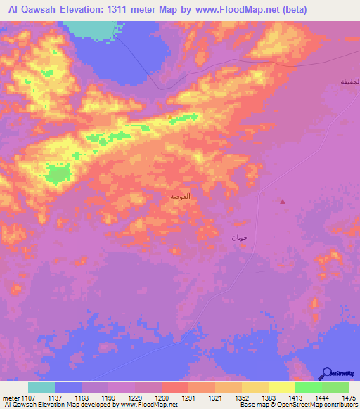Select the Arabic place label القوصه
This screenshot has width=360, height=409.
[180, 196]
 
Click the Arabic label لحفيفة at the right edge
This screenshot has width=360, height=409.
[349, 82]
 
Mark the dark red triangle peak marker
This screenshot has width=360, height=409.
[283, 202]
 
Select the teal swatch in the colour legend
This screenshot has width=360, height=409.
[41, 387]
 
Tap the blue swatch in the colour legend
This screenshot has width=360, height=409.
[68, 387]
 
